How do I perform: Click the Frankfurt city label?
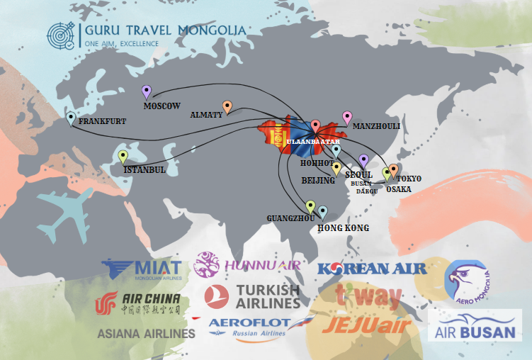pos(103,121)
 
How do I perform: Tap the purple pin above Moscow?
pos(147,91)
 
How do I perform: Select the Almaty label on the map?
pos(206,114)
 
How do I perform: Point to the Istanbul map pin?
pos(123,157)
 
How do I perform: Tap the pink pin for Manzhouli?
pos(347,117)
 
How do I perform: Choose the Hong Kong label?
pos(343,228)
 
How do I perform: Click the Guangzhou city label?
pos(290,218)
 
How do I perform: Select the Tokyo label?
pos(409,179)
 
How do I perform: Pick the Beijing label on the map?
pos(317,181)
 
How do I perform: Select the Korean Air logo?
pos(372,268)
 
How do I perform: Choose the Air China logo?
pos(138,303)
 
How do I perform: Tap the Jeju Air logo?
pos(366,325)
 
